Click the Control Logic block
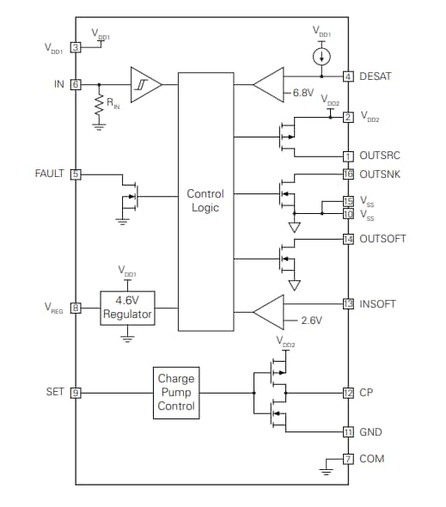[205, 201]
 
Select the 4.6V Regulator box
[127, 307]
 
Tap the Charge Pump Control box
[176, 392]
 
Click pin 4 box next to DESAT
[348, 76]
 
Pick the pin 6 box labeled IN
[76, 84]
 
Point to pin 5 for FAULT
[76, 174]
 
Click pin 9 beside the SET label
[76, 392]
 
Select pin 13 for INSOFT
[348, 303]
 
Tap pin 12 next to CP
[348, 393]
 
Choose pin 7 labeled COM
[348, 459]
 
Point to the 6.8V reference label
[302, 93]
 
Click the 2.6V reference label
[310, 321]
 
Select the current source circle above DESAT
[320, 57]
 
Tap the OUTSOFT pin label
[382, 239]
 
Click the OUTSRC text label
[379, 156]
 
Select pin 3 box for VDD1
[76, 47]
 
